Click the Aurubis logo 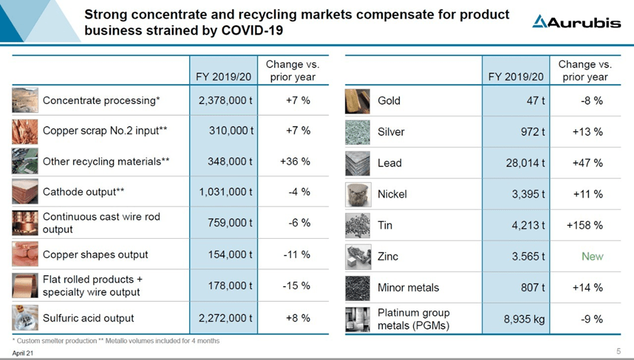point(576,22)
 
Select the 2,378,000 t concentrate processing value point(226,100)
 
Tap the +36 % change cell point(295,162)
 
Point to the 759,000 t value point(231,223)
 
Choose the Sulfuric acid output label point(88,318)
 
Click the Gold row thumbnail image point(357,101)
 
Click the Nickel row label point(392,194)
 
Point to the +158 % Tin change point(587,225)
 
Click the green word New point(592,256)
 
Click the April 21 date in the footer point(22,353)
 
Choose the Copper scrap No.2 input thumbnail point(25,131)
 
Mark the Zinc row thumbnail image point(357,257)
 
